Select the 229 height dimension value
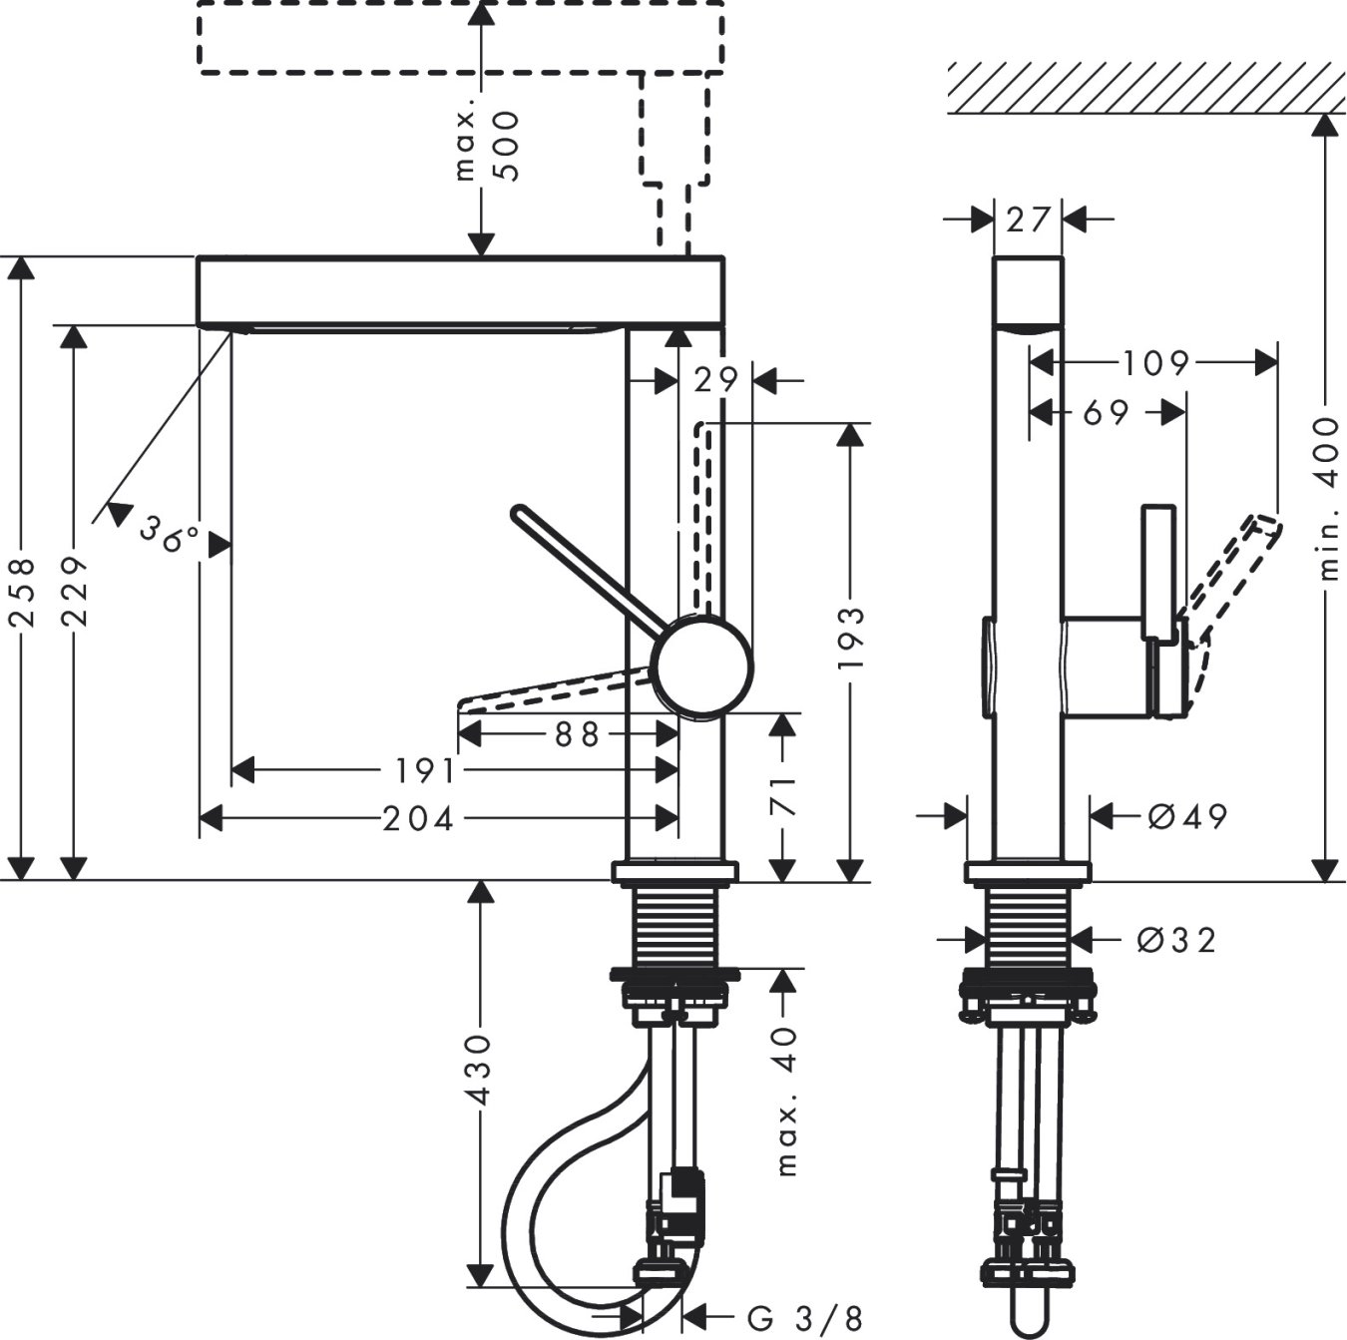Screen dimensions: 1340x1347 [75, 592]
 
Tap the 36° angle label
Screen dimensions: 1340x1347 [169, 534]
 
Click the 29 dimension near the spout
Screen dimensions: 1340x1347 [716, 380]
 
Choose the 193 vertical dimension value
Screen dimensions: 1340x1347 [850, 637]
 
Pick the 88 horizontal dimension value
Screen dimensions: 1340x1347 [576, 734]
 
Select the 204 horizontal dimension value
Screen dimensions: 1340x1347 [418, 819]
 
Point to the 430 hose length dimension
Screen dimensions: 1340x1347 [481, 1070]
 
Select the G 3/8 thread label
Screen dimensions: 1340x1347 [803, 1318]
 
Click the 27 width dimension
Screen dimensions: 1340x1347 [1030, 219]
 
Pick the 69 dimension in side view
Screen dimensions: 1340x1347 [1106, 411]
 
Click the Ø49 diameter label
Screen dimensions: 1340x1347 [1186, 816]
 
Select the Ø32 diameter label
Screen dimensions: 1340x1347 [1178, 939]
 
